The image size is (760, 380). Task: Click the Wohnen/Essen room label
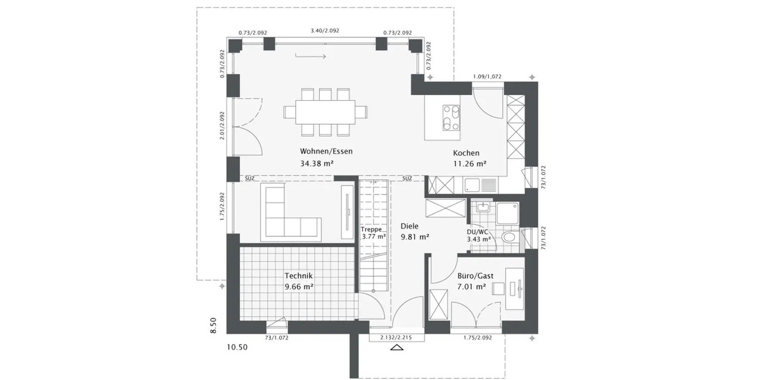coord(326,151)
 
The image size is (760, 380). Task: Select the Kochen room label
coord(466,153)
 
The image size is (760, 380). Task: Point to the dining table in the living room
coord(326,113)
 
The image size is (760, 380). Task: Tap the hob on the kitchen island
coord(452,117)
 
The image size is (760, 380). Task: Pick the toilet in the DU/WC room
coord(508,237)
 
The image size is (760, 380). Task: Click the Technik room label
coord(299,275)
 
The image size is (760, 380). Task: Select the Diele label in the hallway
coord(410,225)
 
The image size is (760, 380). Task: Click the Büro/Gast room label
coord(476,276)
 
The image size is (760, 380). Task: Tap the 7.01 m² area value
coord(472,288)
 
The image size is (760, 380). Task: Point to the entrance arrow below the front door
coord(397,348)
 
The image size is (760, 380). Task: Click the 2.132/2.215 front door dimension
coord(396,338)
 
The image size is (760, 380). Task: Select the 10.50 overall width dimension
coord(237,348)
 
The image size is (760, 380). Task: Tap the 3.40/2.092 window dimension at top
coord(325,30)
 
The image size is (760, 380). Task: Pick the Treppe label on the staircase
coord(371,229)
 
